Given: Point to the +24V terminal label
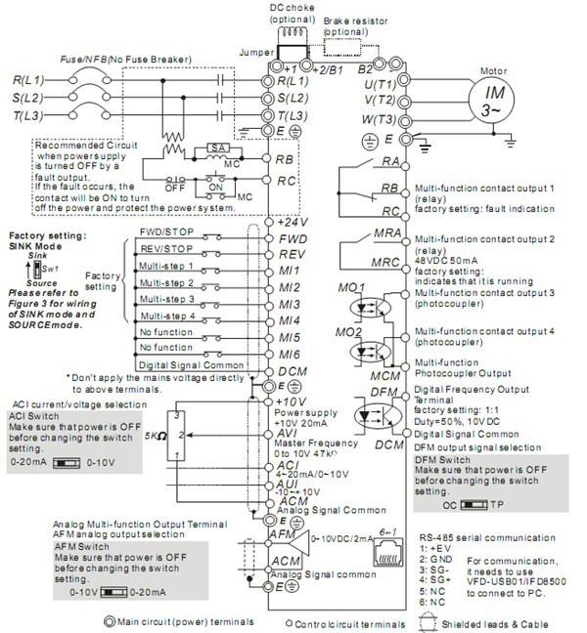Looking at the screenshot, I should (x=290, y=223).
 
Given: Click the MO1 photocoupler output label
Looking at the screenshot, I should (x=353, y=289).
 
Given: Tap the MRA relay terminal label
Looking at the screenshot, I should (x=388, y=233).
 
